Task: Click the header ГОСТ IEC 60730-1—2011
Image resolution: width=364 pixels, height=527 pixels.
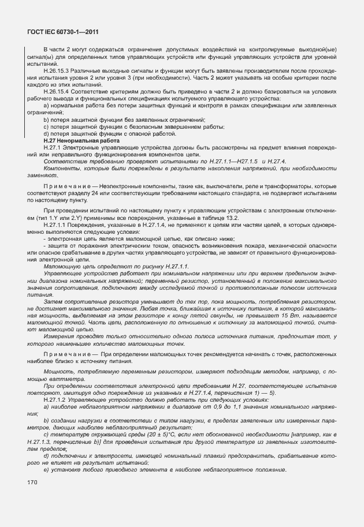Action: [60, 34]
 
